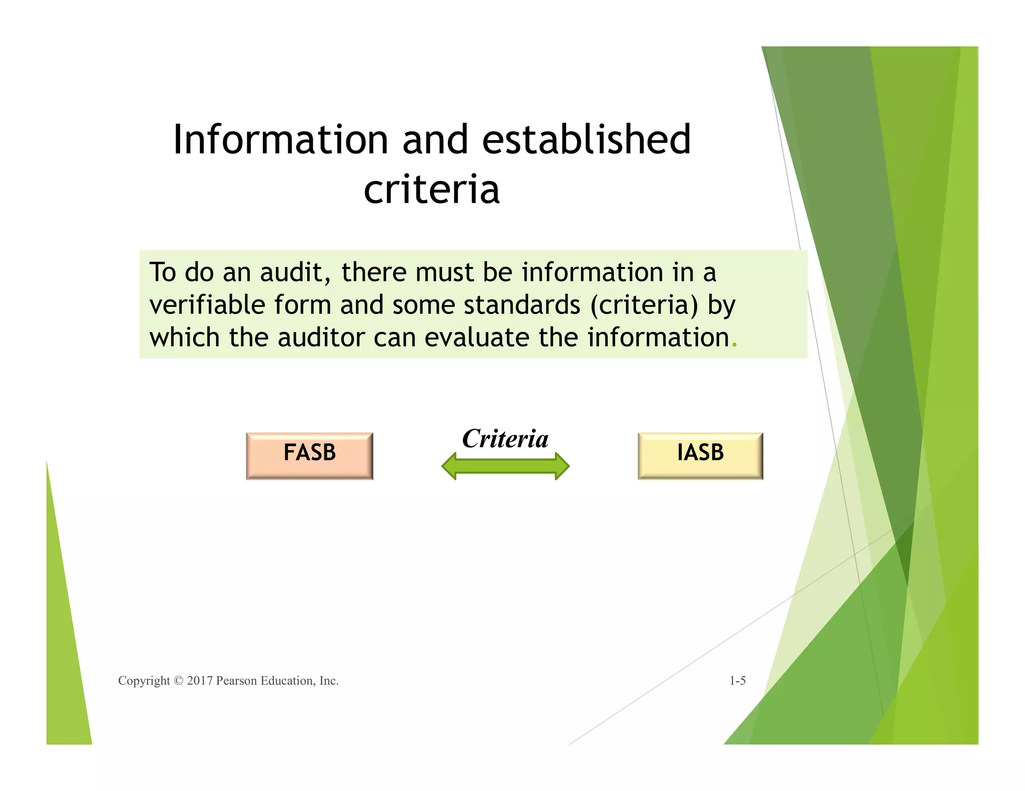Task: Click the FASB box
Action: click(309, 455)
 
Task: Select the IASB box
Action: click(700, 455)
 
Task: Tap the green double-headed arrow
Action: click(505, 466)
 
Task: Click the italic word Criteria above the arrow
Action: click(505, 438)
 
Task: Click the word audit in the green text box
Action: click(295, 272)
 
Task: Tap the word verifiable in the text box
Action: click(207, 305)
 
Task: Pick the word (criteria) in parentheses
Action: click(644, 305)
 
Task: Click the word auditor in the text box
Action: click(321, 337)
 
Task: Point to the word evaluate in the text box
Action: click(477, 337)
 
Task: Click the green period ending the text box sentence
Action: click(734, 345)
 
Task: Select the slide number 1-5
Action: click(737, 680)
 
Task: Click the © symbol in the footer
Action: click(178, 681)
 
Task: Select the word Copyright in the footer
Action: click(144, 681)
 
